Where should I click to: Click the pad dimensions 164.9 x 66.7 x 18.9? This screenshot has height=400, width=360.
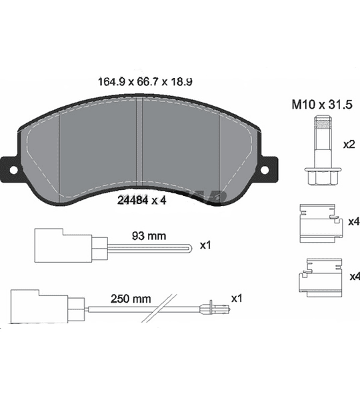(x=145, y=82)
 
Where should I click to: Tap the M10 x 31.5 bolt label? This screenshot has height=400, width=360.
(x=322, y=105)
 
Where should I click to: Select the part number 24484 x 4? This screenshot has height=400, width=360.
(x=141, y=200)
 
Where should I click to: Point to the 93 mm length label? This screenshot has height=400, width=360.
(x=149, y=236)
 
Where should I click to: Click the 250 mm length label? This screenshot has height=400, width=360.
(x=131, y=299)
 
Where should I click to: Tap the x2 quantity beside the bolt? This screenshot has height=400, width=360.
(x=349, y=145)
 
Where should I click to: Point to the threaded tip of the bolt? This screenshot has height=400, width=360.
(x=323, y=123)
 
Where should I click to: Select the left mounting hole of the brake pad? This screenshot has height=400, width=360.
(x=13, y=170)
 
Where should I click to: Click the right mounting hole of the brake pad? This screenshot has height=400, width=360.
(x=265, y=170)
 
